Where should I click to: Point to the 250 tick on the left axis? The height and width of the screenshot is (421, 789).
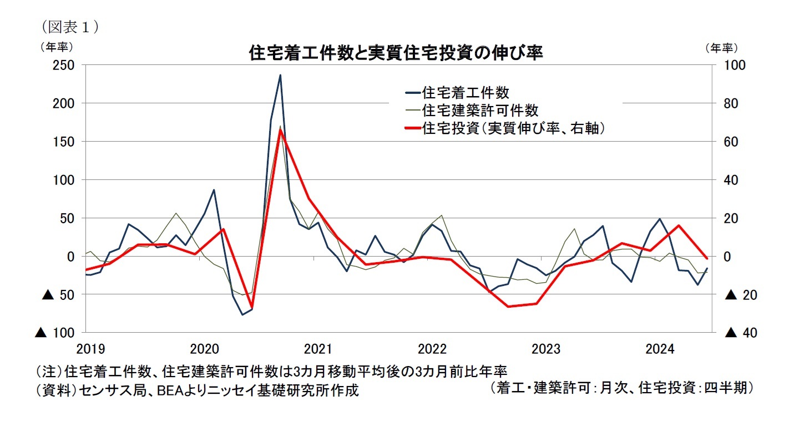63,66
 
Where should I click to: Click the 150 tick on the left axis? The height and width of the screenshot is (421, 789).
63,142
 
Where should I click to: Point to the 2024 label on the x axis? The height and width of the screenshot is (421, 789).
660,350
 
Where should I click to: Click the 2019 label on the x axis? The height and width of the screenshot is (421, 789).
90,350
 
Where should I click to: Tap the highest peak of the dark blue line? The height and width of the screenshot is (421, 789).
280,75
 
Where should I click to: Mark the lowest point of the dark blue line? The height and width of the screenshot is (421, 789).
242,314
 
